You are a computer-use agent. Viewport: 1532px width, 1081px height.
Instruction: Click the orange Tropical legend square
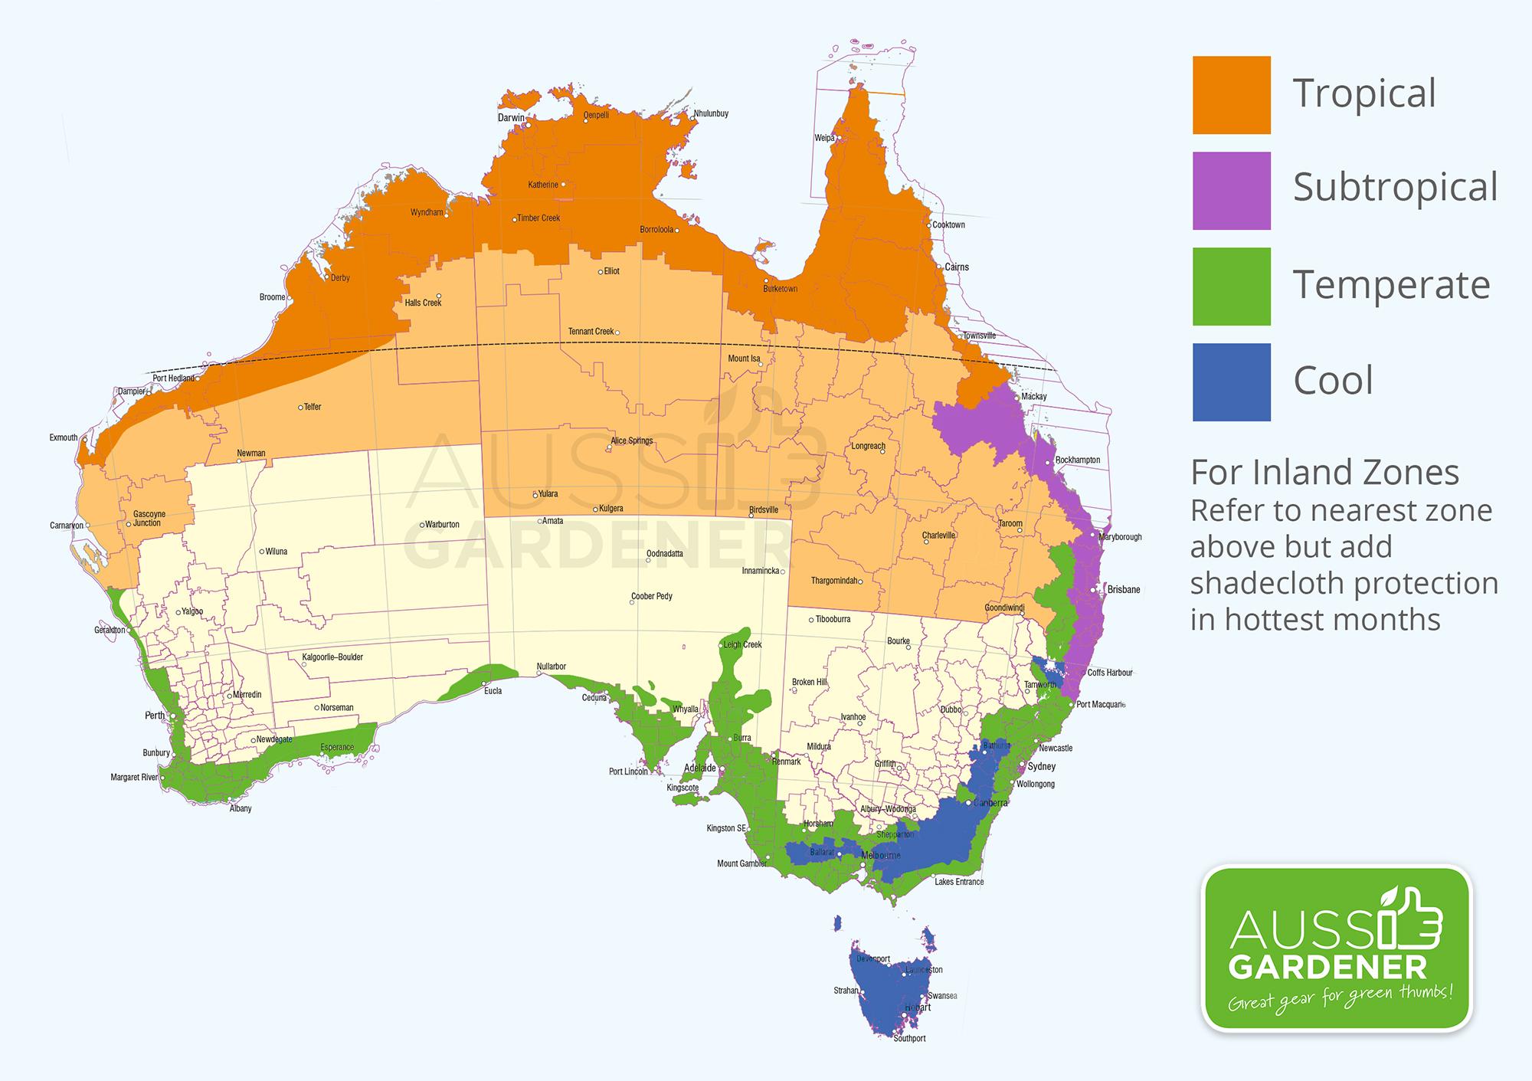(x=1231, y=95)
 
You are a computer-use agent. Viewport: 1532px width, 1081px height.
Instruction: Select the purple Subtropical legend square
(x=1231, y=191)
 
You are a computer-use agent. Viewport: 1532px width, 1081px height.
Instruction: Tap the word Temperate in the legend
(x=1391, y=285)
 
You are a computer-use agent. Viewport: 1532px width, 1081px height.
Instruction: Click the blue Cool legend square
(x=1231, y=382)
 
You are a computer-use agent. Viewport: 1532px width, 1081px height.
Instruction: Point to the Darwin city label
(x=511, y=118)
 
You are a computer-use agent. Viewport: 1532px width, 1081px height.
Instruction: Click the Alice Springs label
(x=631, y=441)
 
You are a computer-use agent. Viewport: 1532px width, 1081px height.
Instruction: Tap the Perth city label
(x=155, y=716)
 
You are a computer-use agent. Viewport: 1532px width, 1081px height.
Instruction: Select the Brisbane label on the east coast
(x=1123, y=590)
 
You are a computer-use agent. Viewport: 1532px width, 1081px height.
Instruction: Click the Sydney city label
(x=1042, y=767)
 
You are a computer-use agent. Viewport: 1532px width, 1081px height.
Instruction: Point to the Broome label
(x=272, y=297)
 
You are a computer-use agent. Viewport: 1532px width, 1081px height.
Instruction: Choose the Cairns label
(x=957, y=267)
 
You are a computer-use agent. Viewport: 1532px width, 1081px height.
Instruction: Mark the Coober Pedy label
(x=651, y=597)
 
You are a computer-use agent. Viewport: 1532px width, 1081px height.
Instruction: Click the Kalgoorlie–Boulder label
(x=332, y=657)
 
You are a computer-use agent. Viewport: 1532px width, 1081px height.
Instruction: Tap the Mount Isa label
(x=744, y=359)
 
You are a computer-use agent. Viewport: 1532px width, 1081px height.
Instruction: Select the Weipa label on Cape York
(x=824, y=139)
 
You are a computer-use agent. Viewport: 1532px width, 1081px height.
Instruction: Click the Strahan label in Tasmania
(x=846, y=991)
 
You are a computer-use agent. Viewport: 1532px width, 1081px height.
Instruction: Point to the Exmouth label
(x=64, y=438)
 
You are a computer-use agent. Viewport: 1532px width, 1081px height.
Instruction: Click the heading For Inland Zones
(x=1324, y=473)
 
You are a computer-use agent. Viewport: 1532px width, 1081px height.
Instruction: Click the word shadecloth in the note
(x=1259, y=584)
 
